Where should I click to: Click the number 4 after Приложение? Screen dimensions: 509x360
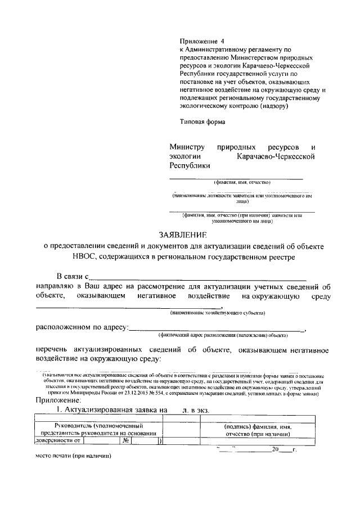pos(222,42)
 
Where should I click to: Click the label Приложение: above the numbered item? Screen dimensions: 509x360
pos(58,400)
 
